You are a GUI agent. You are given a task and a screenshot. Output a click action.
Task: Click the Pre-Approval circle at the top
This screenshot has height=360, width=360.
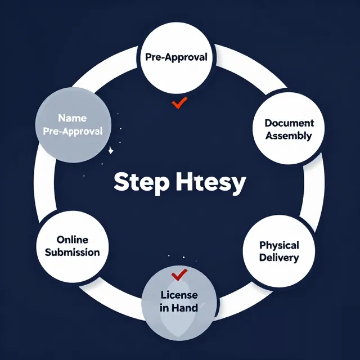pyautogui.click(x=176, y=58)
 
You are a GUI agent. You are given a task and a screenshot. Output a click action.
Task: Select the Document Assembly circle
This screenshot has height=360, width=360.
pyautogui.click(x=289, y=128)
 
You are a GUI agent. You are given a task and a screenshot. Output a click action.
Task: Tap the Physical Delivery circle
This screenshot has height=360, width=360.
pyautogui.click(x=279, y=251)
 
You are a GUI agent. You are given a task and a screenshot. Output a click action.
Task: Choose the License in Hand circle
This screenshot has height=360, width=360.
pyautogui.click(x=179, y=303)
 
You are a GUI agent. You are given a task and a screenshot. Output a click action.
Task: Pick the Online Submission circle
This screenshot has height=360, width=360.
pyautogui.click(x=73, y=247)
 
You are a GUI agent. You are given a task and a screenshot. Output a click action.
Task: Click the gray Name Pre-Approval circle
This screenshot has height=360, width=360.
pyautogui.click(x=73, y=125)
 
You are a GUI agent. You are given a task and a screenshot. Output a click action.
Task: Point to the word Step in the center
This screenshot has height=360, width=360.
pyautogui.click(x=141, y=182)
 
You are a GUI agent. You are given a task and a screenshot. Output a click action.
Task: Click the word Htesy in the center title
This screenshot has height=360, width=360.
pyautogui.click(x=211, y=183)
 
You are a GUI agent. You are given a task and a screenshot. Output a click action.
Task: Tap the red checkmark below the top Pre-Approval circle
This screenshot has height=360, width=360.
pyautogui.click(x=179, y=102)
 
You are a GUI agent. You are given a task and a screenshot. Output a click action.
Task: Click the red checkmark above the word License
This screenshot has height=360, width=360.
pyautogui.click(x=179, y=275)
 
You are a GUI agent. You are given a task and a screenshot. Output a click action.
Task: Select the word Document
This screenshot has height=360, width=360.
pyautogui.click(x=289, y=123)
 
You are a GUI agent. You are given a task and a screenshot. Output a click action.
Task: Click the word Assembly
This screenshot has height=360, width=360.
pyautogui.click(x=289, y=136)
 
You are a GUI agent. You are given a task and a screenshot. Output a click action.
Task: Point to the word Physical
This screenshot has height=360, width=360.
pyautogui.click(x=279, y=245)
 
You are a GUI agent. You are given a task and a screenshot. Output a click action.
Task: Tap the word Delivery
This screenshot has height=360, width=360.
pyautogui.click(x=279, y=258)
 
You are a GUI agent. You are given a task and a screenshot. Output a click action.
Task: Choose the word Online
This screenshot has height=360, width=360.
pyautogui.click(x=73, y=240)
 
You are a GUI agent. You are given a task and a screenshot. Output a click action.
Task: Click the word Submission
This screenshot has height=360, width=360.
pyautogui.click(x=73, y=253)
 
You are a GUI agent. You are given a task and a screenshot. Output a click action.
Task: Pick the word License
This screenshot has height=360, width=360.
pyautogui.click(x=179, y=295)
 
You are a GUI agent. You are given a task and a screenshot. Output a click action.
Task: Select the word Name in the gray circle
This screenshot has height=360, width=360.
pyautogui.click(x=73, y=118)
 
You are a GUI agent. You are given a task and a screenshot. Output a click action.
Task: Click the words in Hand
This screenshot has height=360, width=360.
pyautogui.click(x=179, y=308)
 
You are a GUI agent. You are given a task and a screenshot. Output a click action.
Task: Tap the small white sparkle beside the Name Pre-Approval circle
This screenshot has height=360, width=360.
pyautogui.click(x=111, y=150)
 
